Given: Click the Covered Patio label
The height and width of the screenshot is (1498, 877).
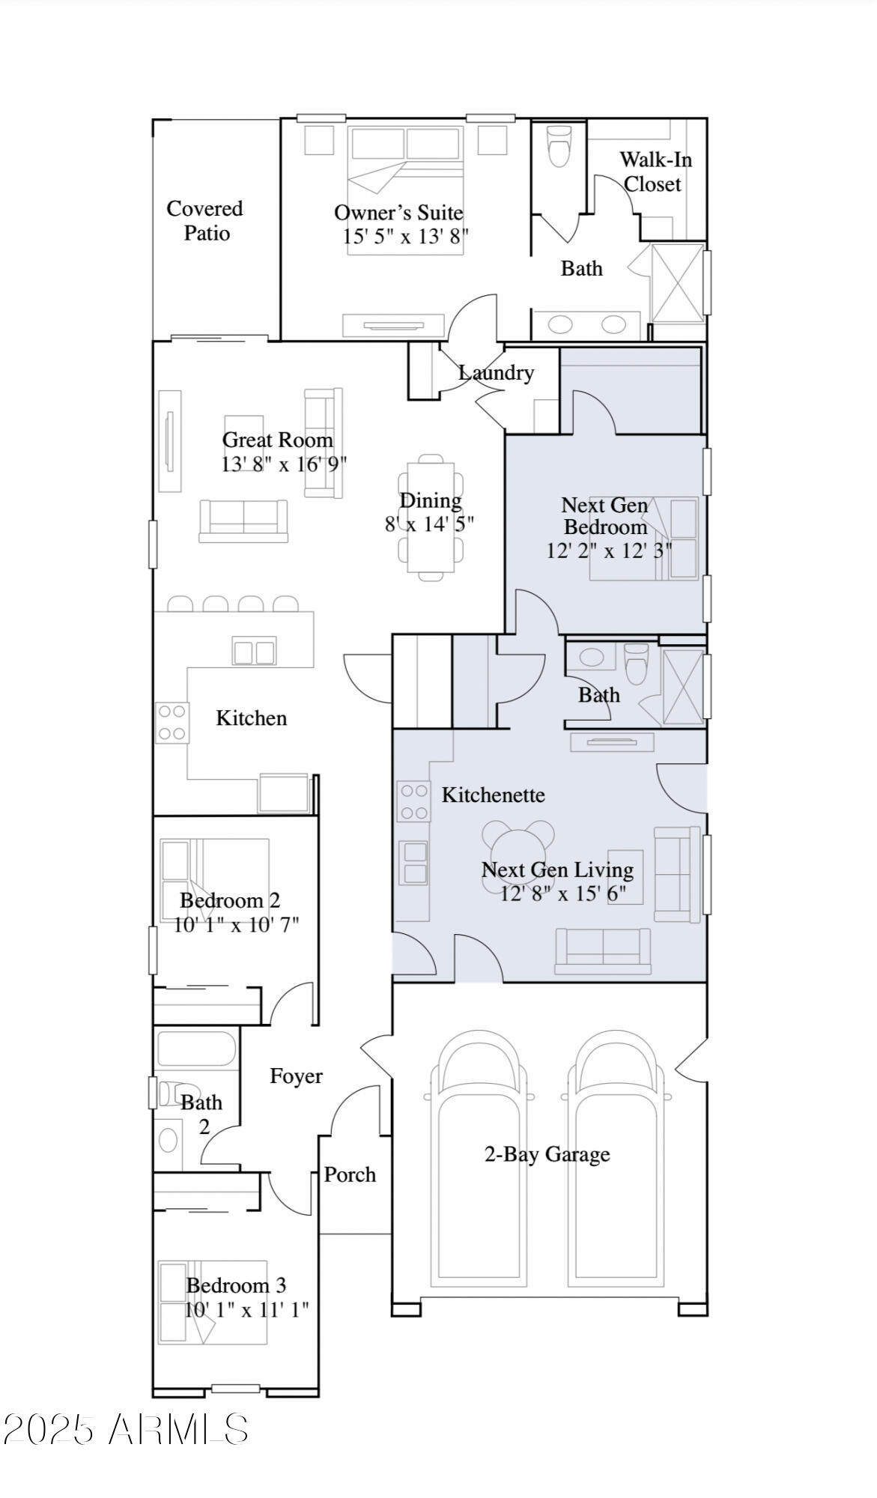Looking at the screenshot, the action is pos(204,220).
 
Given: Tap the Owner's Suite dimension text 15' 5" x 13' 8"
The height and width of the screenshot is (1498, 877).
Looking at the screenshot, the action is pos(405,237).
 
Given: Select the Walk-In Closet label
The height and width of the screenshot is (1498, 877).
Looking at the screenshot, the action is pos(655,172).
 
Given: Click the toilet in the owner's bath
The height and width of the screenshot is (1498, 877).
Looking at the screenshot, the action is pos(559,145).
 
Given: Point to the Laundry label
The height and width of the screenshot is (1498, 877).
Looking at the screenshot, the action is pos(496,372).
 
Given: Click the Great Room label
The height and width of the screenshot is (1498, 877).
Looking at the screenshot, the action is pos(277,440).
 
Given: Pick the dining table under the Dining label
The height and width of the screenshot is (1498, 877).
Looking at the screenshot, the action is pos(431,518).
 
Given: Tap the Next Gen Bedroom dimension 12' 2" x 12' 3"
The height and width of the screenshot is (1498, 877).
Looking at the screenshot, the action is pos(609,551).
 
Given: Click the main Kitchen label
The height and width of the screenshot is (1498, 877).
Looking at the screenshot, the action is pos(251,718).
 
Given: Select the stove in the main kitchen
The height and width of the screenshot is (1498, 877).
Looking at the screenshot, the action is pos(172,722).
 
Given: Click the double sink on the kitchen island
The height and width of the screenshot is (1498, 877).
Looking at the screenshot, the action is pos(254,652).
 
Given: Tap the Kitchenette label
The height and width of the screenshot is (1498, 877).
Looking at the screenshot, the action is pos(493,795).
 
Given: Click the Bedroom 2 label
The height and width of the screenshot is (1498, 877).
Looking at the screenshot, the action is pos(230,900).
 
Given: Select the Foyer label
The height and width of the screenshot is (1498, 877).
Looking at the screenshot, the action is pos(296,1076).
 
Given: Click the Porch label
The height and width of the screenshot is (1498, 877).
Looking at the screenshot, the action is pos(350,1174).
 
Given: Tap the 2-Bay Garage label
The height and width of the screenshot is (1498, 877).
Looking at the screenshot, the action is pos(547,1154).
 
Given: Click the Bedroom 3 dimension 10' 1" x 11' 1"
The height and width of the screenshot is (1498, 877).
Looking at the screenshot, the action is pos(246,1310).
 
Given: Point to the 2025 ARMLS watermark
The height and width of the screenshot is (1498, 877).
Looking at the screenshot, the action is pos(126,1429).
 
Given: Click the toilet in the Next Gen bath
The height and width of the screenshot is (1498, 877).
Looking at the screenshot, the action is pos(637,664).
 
